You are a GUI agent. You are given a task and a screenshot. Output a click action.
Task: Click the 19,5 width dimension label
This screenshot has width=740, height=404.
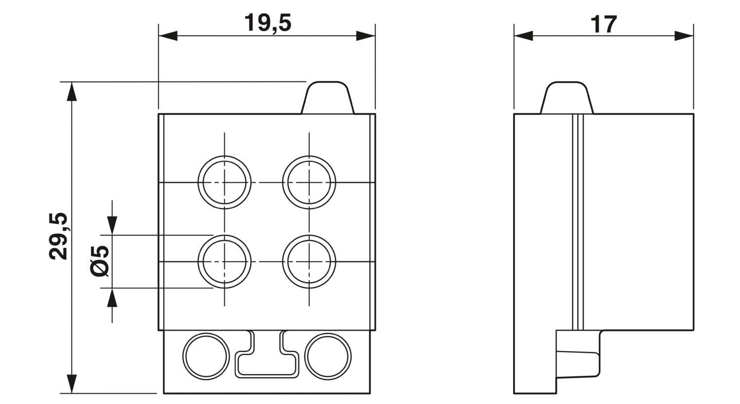(267, 23)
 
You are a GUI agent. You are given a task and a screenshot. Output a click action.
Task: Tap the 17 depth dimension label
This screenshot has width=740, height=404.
(603, 25)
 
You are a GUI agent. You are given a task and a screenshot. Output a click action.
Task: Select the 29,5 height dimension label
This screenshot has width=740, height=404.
(58, 236)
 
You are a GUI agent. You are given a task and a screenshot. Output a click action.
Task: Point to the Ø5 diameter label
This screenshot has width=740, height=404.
(100, 261)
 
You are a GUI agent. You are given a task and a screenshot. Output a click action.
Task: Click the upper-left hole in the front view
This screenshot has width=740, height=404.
(224, 182)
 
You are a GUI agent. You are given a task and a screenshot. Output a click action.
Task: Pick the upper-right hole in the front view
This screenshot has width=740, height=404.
(309, 182)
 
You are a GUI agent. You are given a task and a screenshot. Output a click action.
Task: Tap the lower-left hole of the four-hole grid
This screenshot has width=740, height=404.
(224, 262)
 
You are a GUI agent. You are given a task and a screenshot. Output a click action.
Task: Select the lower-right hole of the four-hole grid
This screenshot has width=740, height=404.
(309, 262)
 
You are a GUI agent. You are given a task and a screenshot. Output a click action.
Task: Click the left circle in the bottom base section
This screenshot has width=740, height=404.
(206, 357)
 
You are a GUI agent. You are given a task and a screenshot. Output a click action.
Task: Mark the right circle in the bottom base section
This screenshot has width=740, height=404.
(328, 357)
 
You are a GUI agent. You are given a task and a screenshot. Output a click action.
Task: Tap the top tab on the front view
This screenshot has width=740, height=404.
(328, 98)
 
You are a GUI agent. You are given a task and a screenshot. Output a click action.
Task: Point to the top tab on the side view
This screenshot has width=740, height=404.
(567, 98)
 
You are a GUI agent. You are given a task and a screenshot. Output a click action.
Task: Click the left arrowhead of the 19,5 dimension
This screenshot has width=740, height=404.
(168, 36)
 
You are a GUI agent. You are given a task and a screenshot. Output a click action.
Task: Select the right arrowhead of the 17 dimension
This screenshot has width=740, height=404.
(684, 36)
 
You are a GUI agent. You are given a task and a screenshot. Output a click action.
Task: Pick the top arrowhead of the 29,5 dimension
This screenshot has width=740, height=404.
(72, 91)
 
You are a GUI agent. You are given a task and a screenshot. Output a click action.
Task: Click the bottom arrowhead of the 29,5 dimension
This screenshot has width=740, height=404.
(72, 384)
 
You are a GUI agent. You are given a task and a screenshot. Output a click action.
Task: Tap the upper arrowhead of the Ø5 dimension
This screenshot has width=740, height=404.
(112, 226)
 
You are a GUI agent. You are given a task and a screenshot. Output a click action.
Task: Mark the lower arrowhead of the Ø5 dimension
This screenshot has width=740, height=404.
(112, 298)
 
